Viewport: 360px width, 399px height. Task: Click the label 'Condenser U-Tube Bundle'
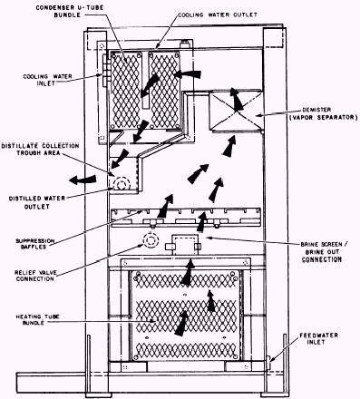70,11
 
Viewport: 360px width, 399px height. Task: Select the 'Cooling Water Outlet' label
218,15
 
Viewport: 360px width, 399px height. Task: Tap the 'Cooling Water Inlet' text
48,80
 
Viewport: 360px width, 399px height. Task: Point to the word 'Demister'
316,110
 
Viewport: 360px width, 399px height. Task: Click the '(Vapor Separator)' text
323,117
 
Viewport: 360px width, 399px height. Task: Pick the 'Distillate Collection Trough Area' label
40,150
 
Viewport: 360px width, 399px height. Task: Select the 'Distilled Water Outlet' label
37,202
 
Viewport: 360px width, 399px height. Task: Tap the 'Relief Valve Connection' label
35,276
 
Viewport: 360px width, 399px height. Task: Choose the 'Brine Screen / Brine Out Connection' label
322,252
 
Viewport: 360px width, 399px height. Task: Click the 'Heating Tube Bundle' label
38,319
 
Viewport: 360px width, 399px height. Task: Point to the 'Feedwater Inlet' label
318,338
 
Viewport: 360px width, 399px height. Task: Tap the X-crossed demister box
236,111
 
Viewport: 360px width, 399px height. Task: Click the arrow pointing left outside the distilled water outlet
83,180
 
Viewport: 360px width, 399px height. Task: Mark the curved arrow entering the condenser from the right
188,74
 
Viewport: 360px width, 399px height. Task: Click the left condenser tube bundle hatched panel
125,91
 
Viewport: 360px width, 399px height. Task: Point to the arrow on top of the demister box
236,99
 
